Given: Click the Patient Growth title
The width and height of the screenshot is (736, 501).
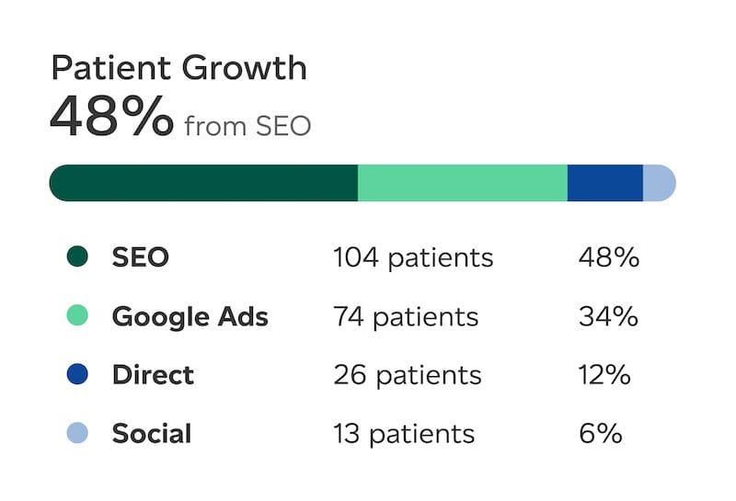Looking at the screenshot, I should pyautogui.click(x=178, y=67).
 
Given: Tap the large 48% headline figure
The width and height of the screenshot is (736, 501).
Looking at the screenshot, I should pyautogui.click(x=110, y=117).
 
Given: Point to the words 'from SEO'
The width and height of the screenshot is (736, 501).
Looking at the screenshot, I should pyautogui.click(x=247, y=125).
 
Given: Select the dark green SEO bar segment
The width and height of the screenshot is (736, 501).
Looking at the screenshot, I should pyautogui.click(x=203, y=182).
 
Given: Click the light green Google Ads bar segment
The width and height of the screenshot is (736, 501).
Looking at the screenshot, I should pyautogui.click(x=462, y=182).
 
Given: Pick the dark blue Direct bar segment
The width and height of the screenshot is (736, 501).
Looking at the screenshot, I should pyautogui.click(x=604, y=182).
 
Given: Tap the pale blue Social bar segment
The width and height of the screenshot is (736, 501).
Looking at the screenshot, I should pyautogui.click(x=659, y=182).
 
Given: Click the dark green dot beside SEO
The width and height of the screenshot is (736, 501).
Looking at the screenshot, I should pyautogui.click(x=77, y=257).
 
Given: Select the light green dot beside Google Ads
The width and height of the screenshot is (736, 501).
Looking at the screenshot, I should pyautogui.click(x=77, y=316).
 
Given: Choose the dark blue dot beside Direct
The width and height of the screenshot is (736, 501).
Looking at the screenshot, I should pyautogui.click(x=77, y=375).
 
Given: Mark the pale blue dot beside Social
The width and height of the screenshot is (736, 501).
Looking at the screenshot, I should pyautogui.click(x=77, y=433).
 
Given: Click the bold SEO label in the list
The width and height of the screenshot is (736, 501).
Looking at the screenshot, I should pyautogui.click(x=140, y=257).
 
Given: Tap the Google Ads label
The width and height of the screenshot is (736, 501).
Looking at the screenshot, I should pyautogui.click(x=190, y=317).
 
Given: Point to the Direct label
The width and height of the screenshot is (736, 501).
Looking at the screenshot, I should pyautogui.click(x=153, y=375).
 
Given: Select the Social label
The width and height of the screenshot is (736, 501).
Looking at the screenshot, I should pyautogui.click(x=151, y=433).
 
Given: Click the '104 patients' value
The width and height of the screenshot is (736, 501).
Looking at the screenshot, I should pyautogui.click(x=413, y=257).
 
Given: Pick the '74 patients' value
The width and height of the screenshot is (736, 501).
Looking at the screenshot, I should pyautogui.click(x=406, y=317).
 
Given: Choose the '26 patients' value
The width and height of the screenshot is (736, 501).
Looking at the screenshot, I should pyautogui.click(x=407, y=375).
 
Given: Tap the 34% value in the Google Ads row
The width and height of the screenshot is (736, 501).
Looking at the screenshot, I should pyautogui.click(x=608, y=317).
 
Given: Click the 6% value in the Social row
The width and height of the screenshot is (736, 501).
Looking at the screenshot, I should pyautogui.click(x=600, y=433).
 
